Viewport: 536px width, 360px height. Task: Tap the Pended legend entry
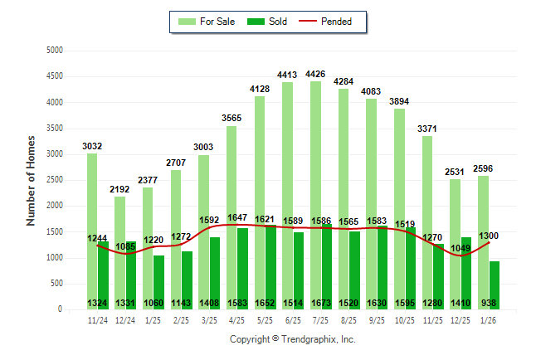pyautogui.click(x=337, y=22)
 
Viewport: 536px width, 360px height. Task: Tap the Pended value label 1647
pyautogui.click(x=237, y=217)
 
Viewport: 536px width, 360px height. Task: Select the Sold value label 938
pyautogui.click(x=489, y=304)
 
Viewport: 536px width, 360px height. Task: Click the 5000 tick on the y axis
pyautogui.click(x=55, y=51)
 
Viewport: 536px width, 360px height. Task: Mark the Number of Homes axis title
pyautogui.click(x=31, y=180)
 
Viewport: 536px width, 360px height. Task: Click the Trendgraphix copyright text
pyautogui.click(x=292, y=339)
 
